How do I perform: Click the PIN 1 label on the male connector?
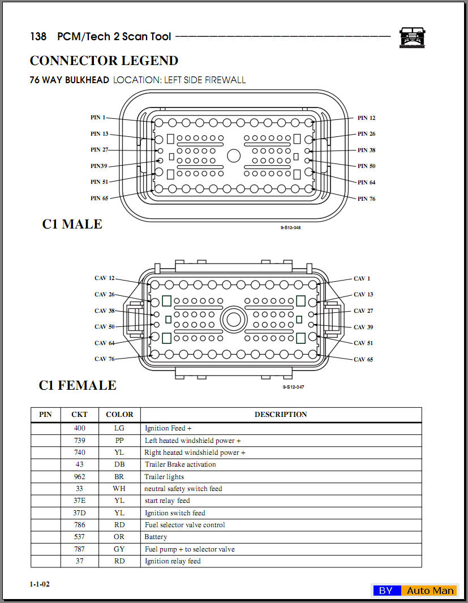tap(98, 118)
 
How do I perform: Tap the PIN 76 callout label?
tap(366, 199)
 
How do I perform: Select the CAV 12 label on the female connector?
tap(104, 278)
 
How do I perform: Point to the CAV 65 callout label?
tap(363, 359)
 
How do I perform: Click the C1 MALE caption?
tap(72, 224)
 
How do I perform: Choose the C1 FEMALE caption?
tap(78, 385)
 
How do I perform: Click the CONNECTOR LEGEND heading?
tap(104, 61)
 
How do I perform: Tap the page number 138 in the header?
tap(38, 37)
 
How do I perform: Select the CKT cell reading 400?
tap(79, 428)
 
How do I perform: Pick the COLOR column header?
tap(119, 415)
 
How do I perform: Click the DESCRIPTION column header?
tap(281, 415)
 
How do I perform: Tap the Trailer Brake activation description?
tap(180, 464)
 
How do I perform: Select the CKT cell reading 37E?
tap(79, 501)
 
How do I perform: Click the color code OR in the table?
tap(119, 537)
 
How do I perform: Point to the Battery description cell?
tap(156, 537)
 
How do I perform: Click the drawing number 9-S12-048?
tap(290, 227)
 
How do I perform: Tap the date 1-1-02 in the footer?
tap(40, 584)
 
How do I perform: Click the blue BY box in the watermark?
tap(386, 591)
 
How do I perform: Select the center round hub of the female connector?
tap(233, 320)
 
